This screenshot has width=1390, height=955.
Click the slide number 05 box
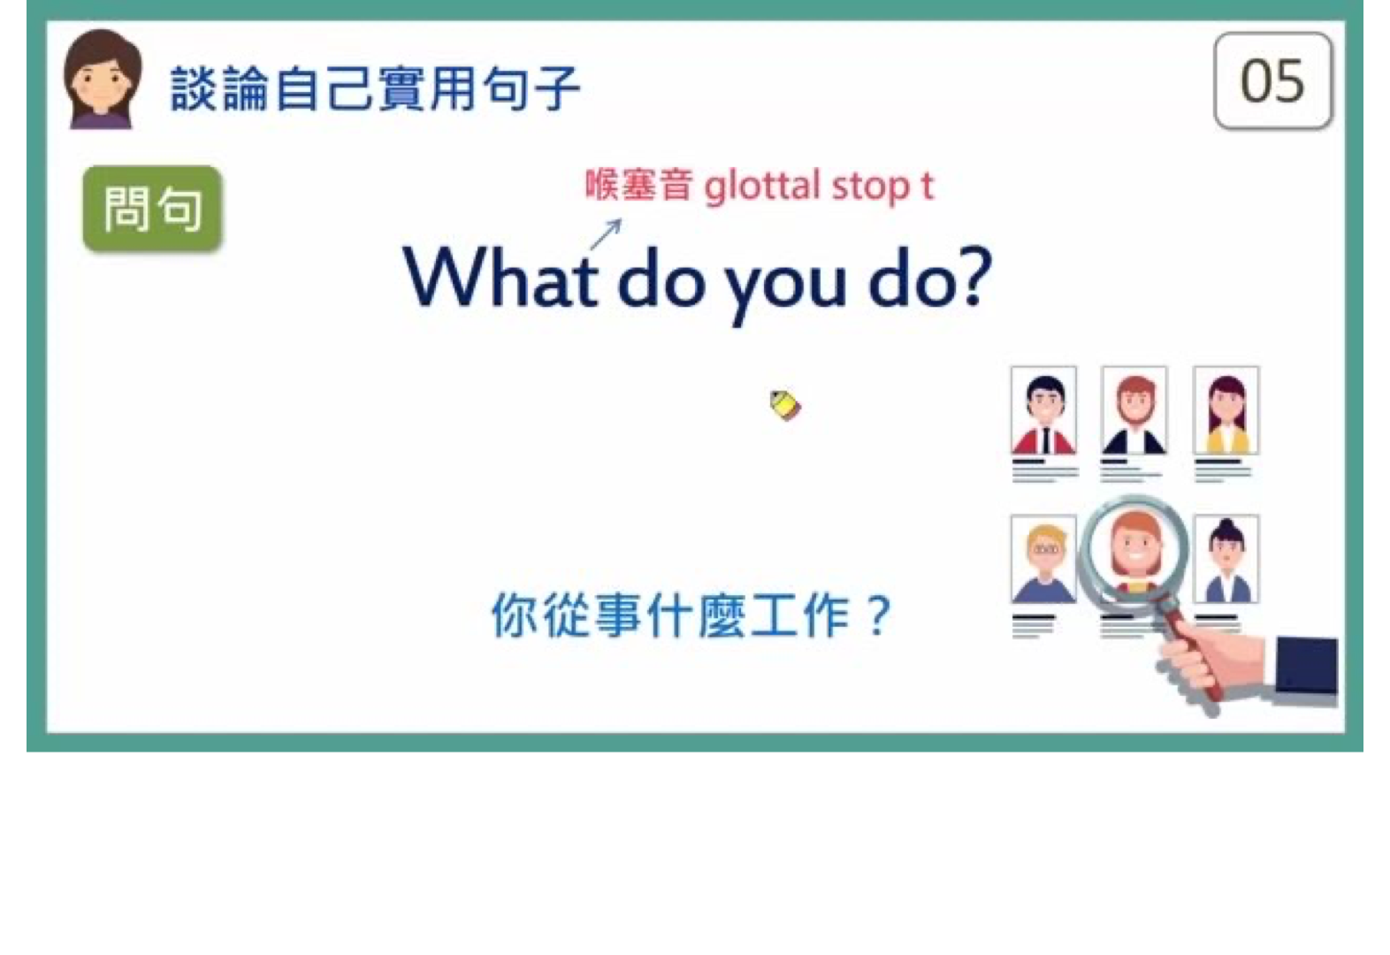(x=1272, y=81)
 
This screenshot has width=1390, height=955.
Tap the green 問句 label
(x=153, y=209)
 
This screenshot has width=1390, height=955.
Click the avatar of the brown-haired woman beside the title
(x=103, y=79)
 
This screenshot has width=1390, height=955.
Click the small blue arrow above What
(x=607, y=234)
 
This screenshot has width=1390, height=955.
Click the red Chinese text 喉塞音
(x=639, y=184)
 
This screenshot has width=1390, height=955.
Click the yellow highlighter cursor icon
(x=785, y=405)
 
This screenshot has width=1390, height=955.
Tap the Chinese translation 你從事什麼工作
(x=670, y=615)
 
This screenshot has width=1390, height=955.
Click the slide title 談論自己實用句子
(x=376, y=88)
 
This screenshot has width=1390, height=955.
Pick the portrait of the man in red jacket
(x=1043, y=411)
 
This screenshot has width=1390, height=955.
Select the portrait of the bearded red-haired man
(x=1134, y=411)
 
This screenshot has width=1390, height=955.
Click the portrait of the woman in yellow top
(x=1226, y=411)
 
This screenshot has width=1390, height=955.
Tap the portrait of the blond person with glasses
(x=1043, y=559)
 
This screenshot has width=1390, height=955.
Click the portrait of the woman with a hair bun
(x=1226, y=559)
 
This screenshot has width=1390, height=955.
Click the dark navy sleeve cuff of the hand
(x=1306, y=665)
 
